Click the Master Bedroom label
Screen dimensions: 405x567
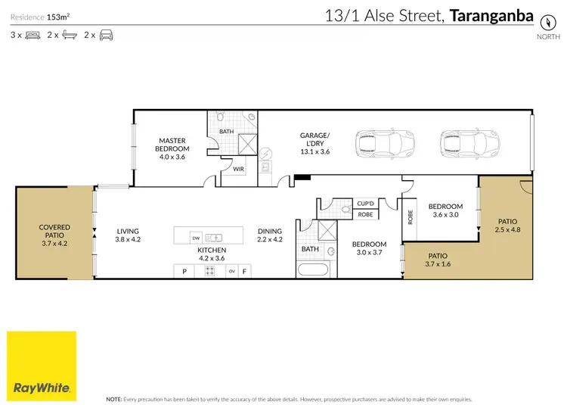coord(172,145)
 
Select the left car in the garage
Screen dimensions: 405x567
coord(375,142)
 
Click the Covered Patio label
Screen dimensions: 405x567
coord(54,232)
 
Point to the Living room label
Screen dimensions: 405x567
coord(128,235)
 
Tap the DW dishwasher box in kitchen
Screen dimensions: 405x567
coord(196,236)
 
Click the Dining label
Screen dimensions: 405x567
coord(269,235)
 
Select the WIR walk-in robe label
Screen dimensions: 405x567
coord(237,169)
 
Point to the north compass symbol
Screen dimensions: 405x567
coord(543,21)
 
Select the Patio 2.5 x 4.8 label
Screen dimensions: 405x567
coord(508,225)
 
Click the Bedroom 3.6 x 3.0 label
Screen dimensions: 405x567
coord(445,210)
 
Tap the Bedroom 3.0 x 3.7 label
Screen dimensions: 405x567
coord(369,248)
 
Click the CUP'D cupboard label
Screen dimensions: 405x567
coord(365,203)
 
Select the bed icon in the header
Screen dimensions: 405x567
coord(33,35)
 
